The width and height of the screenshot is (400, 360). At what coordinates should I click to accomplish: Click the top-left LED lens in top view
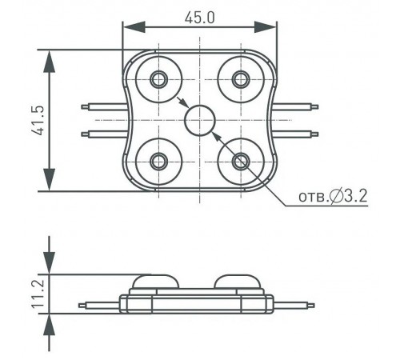[158, 78]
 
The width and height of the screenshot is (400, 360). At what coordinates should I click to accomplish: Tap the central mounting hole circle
[199, 121]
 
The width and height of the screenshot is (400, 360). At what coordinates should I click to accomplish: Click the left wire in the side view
[98, 304]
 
